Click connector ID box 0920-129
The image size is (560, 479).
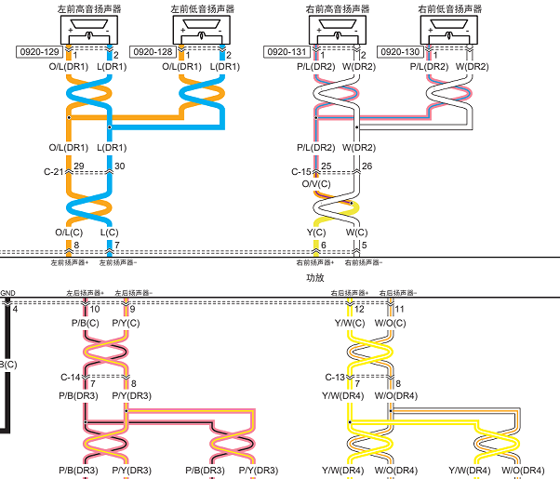[x=39, y=52]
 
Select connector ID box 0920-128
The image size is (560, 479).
[x=153, y=52]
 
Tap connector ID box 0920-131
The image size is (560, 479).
[x=287, y=52]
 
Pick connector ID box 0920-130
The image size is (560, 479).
[x=400, y=52]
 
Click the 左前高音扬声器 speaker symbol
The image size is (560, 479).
[x=89, y=30]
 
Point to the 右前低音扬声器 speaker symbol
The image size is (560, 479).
[x=449, y=30]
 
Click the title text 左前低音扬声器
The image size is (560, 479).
[x=203, y=9]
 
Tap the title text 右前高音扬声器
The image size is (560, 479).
[x=338, y=9]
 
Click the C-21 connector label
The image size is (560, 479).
[x=53, y=172]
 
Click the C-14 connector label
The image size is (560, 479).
[x=71, y=378]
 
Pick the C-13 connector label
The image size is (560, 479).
[x=335, y=378]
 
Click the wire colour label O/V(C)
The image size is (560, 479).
[x=316, y=184]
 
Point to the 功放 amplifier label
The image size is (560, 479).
[x=315, y=277]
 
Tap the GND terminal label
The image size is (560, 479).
[x=7, y=293]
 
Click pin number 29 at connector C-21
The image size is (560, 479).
[x=79, y=166]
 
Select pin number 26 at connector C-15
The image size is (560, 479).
[x=367, y=166]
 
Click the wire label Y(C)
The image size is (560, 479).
[x=316, y=233]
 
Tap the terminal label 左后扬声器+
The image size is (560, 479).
[x=85, y=293]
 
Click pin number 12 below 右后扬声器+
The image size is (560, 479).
[x=359, y=309]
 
